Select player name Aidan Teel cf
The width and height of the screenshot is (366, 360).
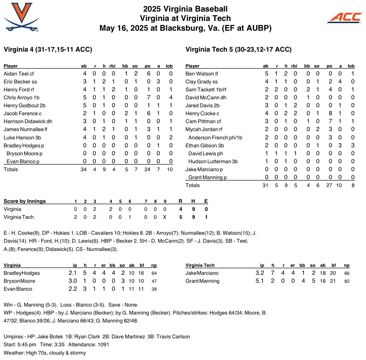tap(18, 74)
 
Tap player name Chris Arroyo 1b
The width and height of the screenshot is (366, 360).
tap(21, 97)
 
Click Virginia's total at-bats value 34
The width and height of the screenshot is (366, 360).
tap(84, 169)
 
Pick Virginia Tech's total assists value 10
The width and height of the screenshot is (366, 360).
tap(340, 185)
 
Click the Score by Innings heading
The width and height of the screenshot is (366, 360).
tap(25, 201)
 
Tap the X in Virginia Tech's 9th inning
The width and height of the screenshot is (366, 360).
tap(165, 217)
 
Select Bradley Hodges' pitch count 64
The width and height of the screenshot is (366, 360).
tap(154, 273)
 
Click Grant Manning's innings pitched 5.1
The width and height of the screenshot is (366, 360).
tap(259, 281)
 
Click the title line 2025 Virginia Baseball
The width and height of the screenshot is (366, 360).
tap(185, 9)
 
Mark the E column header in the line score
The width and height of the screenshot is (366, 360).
tap(206, 201)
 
